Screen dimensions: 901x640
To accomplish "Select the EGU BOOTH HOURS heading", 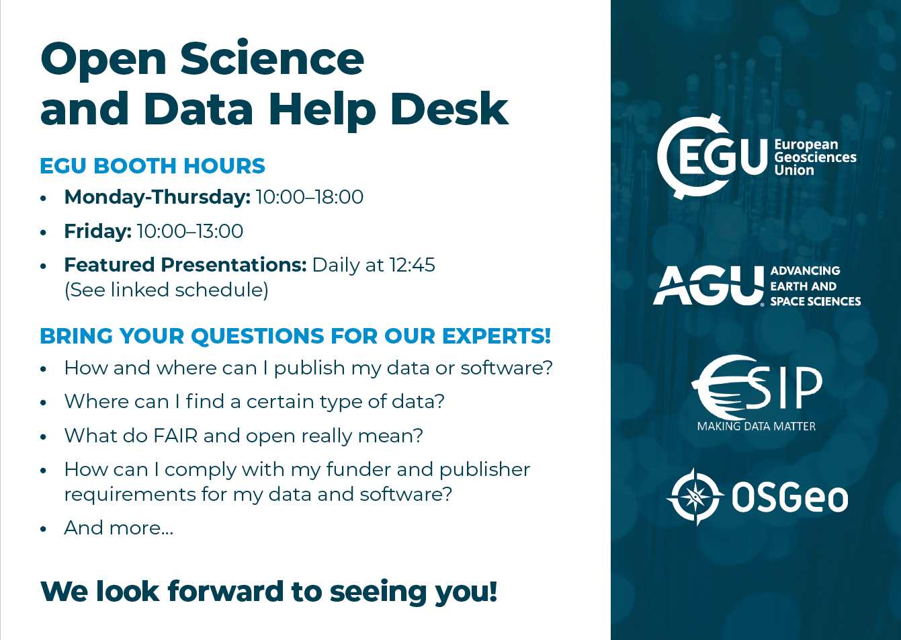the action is pos(153,165).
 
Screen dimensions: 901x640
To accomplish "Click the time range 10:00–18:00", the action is pos(310,197).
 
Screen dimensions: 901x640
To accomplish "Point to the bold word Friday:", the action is pos(97,232).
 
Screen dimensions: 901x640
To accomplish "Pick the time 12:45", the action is pos(412,265).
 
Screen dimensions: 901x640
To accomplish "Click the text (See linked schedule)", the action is pos(166,290).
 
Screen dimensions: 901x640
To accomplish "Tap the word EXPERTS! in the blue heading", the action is pos(497,335).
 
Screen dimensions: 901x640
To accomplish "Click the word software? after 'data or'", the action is pos(507,368).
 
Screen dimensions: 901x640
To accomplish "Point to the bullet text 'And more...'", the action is pos(119,528).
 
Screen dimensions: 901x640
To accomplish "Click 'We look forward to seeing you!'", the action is pos(269,592).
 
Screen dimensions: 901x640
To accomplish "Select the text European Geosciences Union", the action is pos(815,157).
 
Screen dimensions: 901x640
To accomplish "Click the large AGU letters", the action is pos(709,286).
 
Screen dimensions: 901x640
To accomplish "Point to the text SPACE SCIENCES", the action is pos(815,301).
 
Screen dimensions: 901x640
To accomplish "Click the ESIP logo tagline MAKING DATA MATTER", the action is pos(756,426).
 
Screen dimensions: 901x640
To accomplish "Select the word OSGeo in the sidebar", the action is pos(789,498).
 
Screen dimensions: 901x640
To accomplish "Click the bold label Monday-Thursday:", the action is pos(157,197).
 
